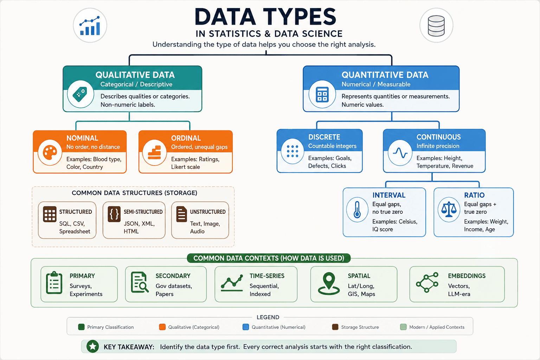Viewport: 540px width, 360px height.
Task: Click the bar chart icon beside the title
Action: point(90,26)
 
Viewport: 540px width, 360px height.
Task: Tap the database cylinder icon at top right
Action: point(436,26)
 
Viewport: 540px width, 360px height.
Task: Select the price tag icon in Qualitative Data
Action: point(80,94)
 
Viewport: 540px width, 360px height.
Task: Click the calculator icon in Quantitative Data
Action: point(322,94)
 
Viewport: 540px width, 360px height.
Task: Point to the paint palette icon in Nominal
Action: point(50,152)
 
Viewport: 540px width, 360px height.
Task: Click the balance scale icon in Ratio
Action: point(449,209)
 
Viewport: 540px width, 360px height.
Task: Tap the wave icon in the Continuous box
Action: point(400,153)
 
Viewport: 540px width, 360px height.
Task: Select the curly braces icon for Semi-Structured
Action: point(114,214)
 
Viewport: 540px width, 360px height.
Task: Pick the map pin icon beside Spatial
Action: point(329,284)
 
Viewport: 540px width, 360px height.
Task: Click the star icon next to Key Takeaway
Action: point(92,347)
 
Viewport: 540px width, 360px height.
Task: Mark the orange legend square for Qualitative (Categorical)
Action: point(162,327)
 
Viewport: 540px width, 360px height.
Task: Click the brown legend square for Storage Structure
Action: point(335,327)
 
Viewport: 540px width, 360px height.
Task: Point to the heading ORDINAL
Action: point(186,138)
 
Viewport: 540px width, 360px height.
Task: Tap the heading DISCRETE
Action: point(324,137)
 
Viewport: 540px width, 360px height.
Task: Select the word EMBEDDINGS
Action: point(467,276)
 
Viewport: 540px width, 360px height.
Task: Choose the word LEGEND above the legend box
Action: point(268,317)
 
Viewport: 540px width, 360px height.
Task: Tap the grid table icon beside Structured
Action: point(50,214)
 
